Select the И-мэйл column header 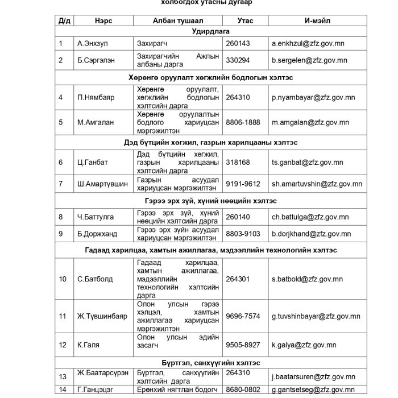click(x=317, y=20)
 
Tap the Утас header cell click(x=245, y=20)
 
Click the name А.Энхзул click(x=93, y=43)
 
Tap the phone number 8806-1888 click(x=243, y=122)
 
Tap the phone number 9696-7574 click(x=243, y=316)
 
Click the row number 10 click(x=63, y=279)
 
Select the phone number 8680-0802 click(x=243, y=389)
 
